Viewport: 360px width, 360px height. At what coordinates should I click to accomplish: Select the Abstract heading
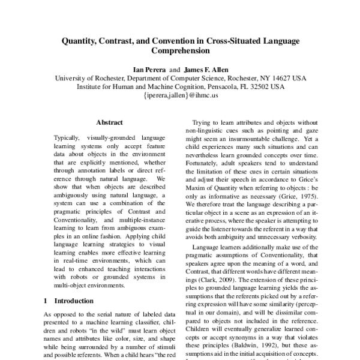click(109, 122)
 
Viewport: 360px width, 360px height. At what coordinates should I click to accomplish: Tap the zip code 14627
click(278, 78)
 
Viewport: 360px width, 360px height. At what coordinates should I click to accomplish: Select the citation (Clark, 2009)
click(209, 280)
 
